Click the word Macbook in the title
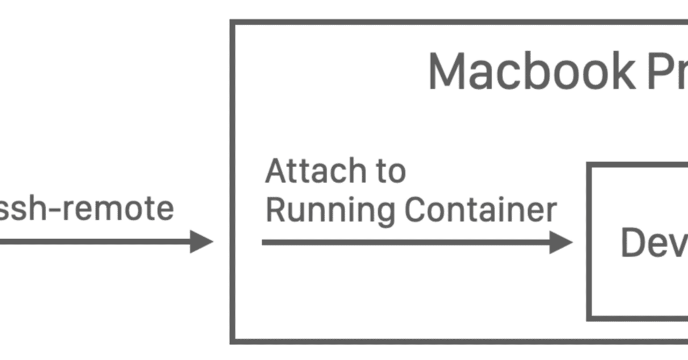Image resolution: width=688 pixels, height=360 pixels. (x=531, y=72)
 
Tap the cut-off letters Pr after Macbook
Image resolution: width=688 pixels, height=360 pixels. (x=666, y=72)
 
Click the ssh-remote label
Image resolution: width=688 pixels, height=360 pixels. (x=86, y=208)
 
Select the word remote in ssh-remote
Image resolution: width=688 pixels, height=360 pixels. (x=118, y=208)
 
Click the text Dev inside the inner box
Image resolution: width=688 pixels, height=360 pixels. (x=654, y=243)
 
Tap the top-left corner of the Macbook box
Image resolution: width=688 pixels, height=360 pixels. (x=233, y=23)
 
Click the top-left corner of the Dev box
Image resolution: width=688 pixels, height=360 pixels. (x=590, y=165)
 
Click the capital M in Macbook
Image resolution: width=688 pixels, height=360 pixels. (x=449, y=72)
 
